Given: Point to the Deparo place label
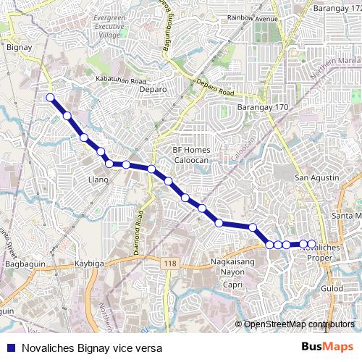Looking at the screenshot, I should click(151, 90).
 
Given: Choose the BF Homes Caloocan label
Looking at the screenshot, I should click(191, 153).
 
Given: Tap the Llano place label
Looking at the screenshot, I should click(97, 179).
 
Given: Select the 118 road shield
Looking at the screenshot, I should click(169, 264).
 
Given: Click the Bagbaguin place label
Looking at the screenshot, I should click(21, 265).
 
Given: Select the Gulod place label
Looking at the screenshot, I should click(332, 288).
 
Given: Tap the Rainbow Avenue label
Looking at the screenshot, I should click(253, 17).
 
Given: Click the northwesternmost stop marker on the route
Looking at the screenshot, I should click(50, 97).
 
